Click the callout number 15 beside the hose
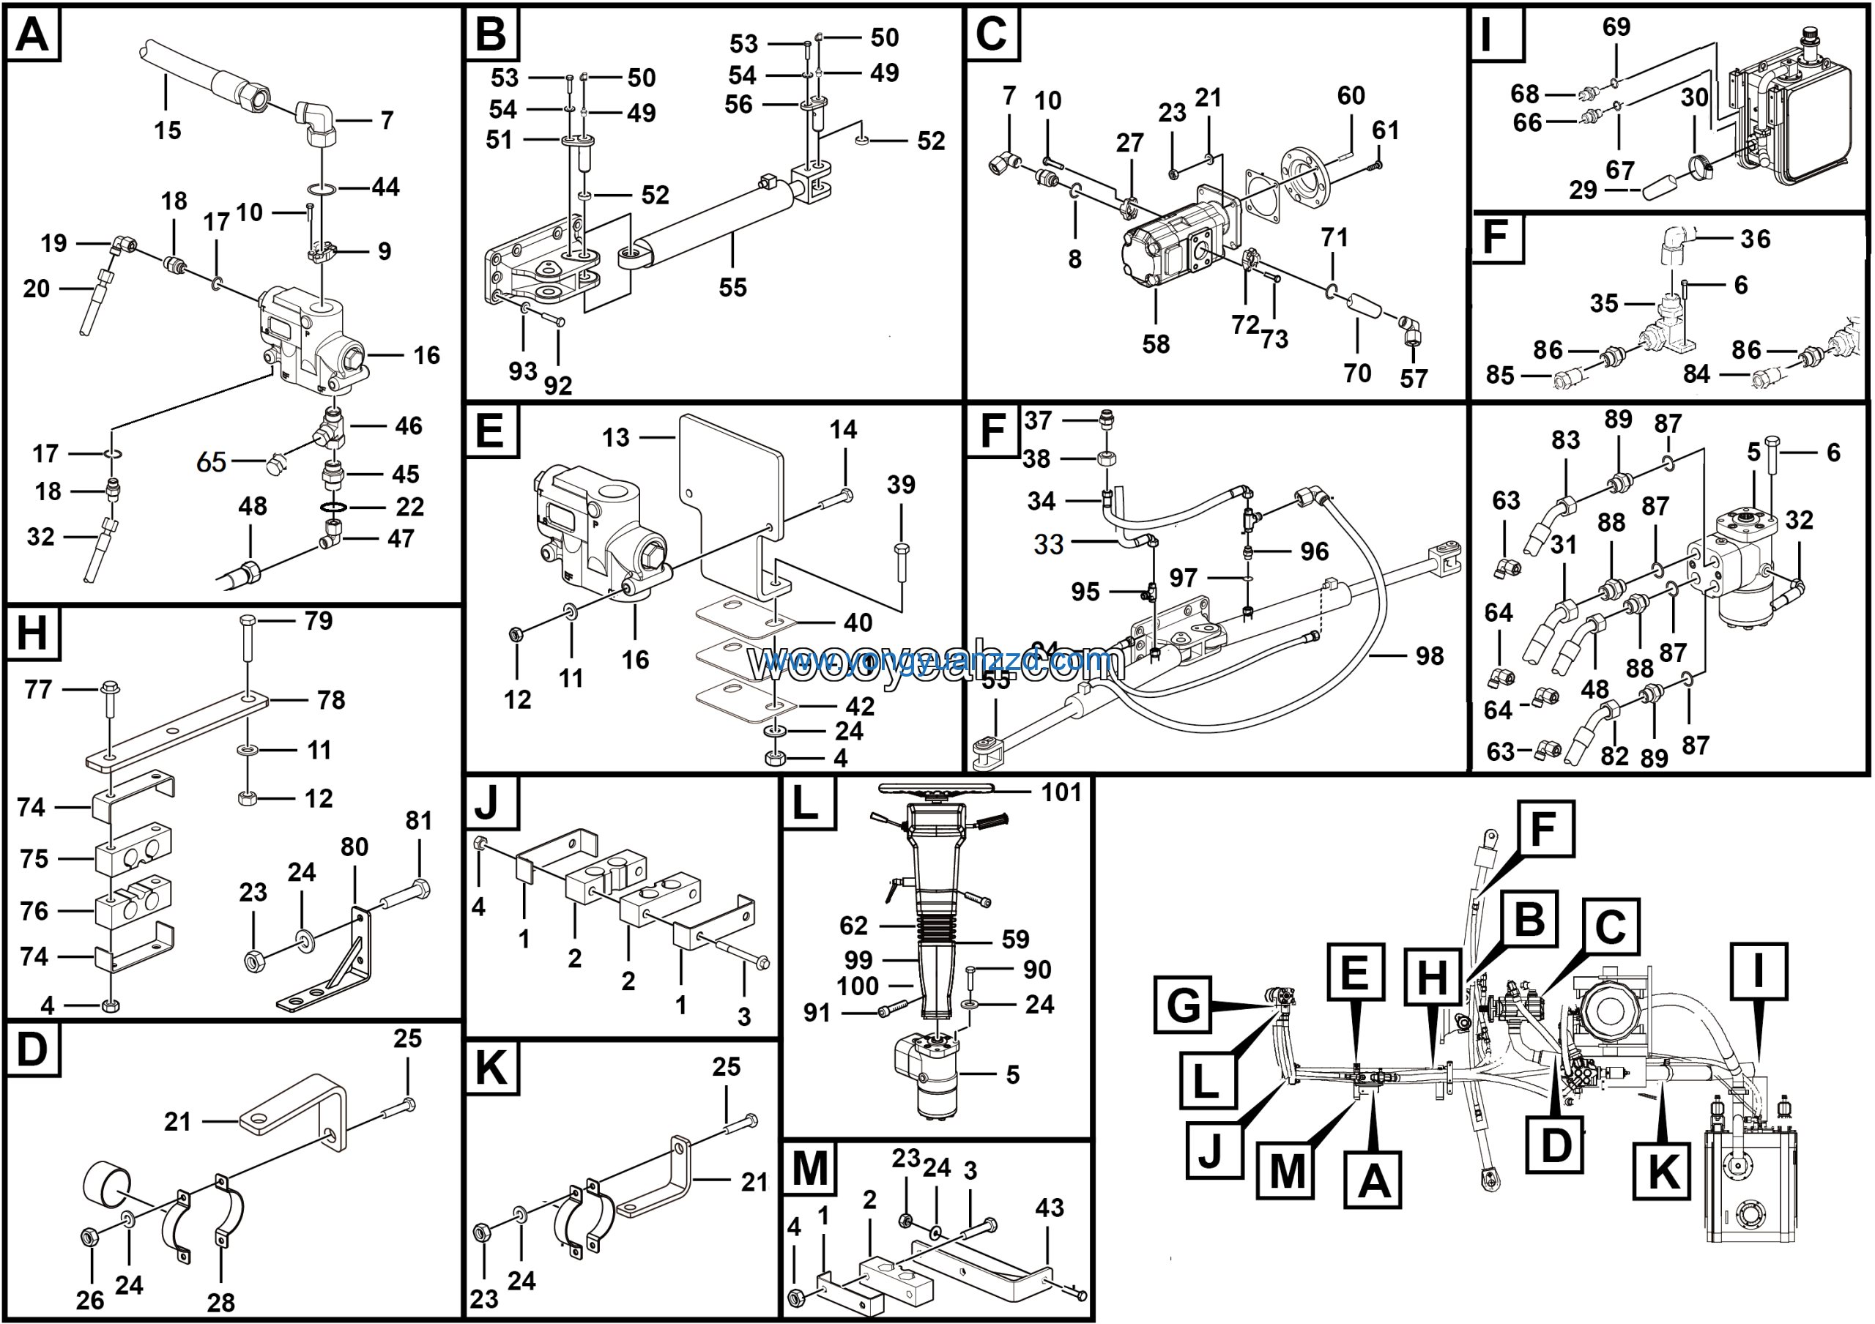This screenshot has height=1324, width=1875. tap(168, 130)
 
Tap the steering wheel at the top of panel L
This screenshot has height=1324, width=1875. tap(936, 789)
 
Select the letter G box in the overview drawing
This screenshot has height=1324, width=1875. tap(1182, 1005)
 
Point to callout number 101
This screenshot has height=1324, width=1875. tap(1061, 792)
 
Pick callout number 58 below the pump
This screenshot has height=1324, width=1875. tap(1156, 343)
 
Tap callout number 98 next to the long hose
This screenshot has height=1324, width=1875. tap(1430, 655)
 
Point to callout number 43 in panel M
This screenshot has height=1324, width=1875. tap(1050, 1208)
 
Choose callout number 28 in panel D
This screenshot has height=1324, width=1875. tap(220, 1302)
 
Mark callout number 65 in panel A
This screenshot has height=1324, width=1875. tap(211, 462)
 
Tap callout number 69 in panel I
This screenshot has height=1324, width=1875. tap(1616, 27)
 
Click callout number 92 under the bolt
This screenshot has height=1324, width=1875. tap(558, 385)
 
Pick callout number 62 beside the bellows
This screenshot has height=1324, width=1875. tap(853, 926)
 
